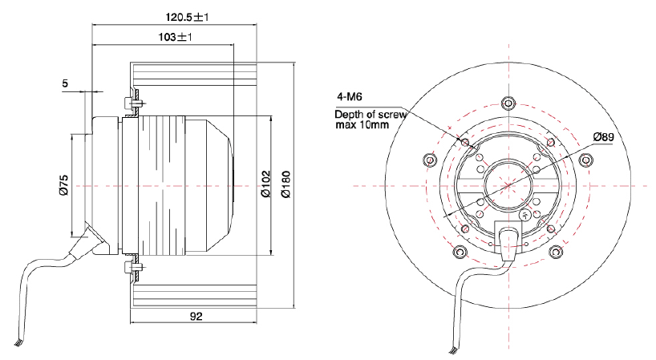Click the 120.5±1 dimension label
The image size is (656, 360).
coord(187,17)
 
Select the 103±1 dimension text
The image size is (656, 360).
coord(175,37)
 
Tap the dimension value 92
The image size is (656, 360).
coord(196,316)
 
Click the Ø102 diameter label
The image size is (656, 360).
coord(265,184)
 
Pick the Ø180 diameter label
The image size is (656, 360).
coord(285,184)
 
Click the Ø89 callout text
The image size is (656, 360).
coord(603,137)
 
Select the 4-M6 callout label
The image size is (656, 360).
coord(350,96)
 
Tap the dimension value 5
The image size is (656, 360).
coord(65,83)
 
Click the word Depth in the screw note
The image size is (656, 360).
coord(349,114)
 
